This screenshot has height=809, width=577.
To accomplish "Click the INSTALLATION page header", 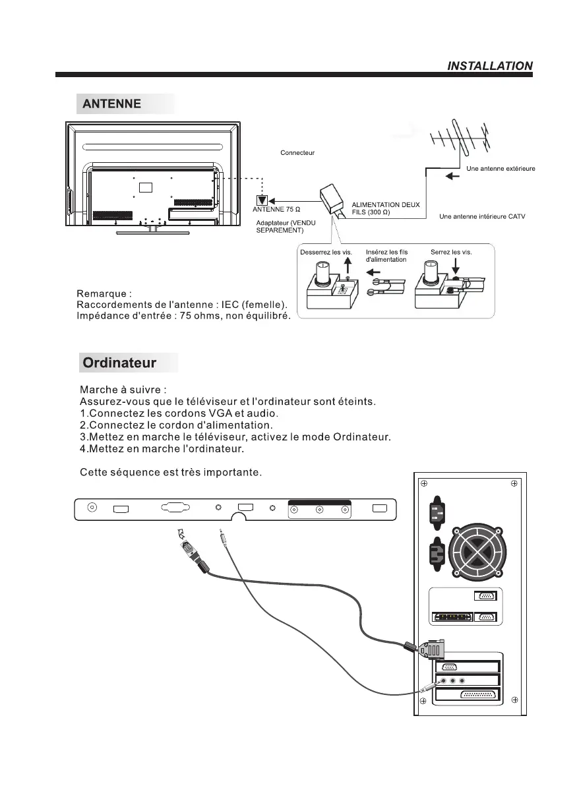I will [x=489, y=66].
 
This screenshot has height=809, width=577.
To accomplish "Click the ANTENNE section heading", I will [x=111, y=104].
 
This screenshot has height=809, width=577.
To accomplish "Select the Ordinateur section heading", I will [x=119, y=363].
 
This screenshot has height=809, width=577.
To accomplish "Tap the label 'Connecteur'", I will [x=297, y=153].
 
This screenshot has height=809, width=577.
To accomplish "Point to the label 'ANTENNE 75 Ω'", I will [x=277, y=209].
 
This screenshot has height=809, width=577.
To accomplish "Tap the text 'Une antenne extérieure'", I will [x=501, y=169].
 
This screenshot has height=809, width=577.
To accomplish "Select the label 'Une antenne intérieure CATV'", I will [x=482, y=217].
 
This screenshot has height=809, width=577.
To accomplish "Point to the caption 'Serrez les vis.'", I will [x=451, y=252].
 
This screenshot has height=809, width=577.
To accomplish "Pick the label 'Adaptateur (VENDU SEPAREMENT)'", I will [x=286, y=227].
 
